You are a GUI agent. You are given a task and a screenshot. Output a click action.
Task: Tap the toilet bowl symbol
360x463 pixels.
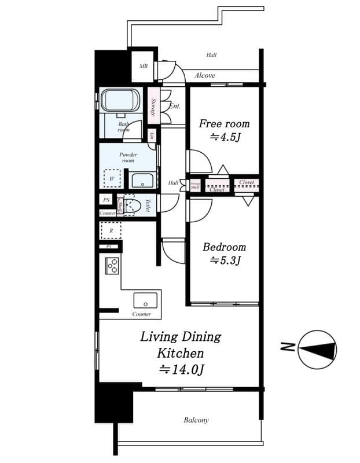[x=133, y=205]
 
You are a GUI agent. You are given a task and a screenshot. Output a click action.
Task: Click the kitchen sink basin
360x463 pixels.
[x=145, y=300]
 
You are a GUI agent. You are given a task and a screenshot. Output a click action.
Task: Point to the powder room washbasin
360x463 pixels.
[x=141, y=180]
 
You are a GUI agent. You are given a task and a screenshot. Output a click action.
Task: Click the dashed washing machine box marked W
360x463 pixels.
[x=112, y=179]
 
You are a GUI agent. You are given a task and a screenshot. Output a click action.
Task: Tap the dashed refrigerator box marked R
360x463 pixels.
[x=111, y=230]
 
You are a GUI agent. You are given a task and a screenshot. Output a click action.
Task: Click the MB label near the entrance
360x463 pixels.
[x=143, y=66]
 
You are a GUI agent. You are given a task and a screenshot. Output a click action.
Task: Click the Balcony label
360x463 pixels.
[x=196, y=420]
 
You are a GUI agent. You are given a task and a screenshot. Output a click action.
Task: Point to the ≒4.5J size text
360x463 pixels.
[x=225, y=137]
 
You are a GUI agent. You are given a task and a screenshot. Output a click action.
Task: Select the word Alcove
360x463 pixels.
[x=205, y=75]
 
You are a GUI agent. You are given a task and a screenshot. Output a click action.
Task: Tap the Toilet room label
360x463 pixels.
[x=148, y=205]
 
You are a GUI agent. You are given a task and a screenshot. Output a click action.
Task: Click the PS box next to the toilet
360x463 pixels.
[x=106, y=200]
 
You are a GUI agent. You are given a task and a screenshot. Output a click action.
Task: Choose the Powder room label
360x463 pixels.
[x=127, y=157]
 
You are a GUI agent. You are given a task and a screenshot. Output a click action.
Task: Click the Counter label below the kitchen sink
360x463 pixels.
[x=142, y=314]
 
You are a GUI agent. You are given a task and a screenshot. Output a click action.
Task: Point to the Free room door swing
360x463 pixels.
[x=198, y=160]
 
